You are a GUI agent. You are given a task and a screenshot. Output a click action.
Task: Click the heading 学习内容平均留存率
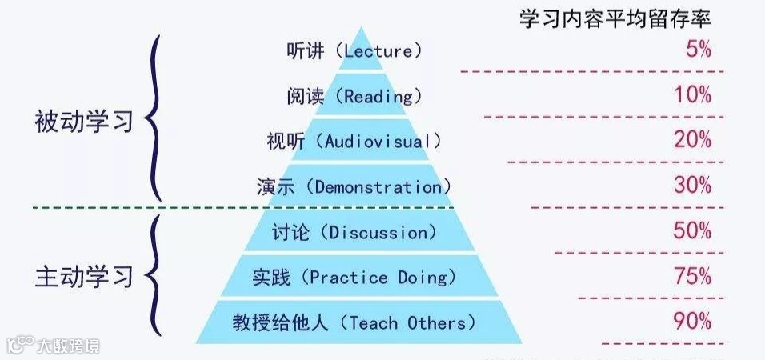point(615,19)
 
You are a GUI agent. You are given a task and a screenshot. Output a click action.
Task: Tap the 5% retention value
point(698,50)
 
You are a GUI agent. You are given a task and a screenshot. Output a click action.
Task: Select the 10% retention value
point(693,95)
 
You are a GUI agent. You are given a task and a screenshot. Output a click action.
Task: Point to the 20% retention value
point(693,141)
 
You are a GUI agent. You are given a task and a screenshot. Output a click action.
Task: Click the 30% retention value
point(693,186)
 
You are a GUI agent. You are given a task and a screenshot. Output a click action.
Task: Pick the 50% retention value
point(693,231)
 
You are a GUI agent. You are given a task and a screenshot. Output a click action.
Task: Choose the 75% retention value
point(693,277)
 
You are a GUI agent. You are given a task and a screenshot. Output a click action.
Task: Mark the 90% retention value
point(693,322)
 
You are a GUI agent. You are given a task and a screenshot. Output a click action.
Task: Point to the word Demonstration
point(378,187)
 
